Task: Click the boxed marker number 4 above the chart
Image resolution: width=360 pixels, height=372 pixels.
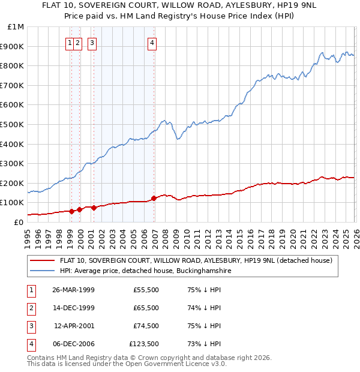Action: (x=152, y=43)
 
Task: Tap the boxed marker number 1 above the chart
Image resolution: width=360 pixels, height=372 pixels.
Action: (x=70, y=43)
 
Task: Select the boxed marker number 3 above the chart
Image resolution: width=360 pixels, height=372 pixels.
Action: (x=92, y=43)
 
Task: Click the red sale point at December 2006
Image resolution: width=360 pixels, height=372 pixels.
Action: (x=154, y=198)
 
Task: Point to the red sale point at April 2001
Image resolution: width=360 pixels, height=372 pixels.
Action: (x=94, y=208)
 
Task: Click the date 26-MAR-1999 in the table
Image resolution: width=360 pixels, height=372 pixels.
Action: (x=73, y=290)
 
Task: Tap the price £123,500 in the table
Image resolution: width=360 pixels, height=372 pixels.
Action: (x=145, y=344)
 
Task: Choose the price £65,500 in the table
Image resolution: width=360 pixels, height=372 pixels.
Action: (x=146, y=308)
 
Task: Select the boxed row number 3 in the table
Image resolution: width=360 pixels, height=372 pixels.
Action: (x=31, y=326)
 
